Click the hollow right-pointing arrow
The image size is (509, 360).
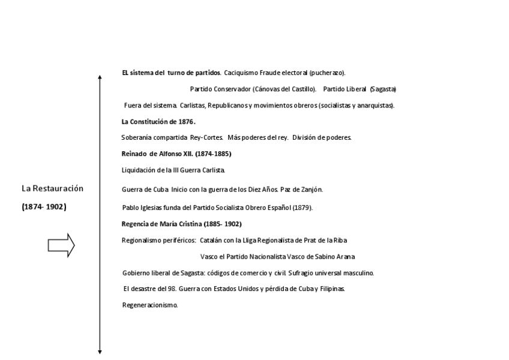61,245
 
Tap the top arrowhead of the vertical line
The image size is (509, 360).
100,78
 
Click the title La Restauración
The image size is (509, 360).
52,188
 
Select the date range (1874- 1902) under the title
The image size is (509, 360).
44,207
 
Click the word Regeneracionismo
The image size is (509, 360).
150,305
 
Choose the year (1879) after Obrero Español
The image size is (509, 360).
302,208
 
